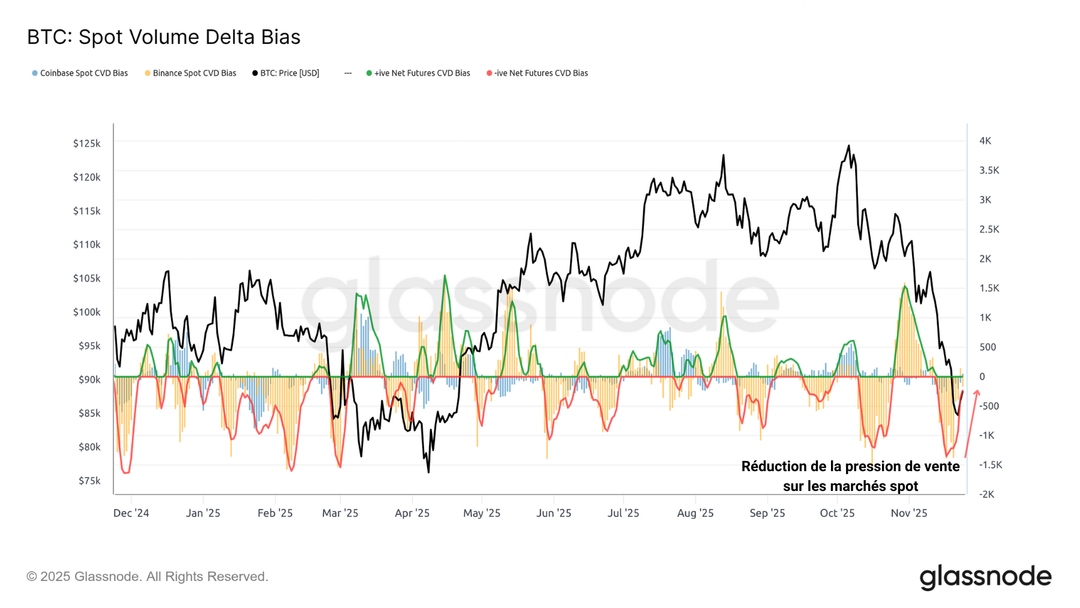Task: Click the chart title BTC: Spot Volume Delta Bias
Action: [x=164, y=37]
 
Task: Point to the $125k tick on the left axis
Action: [x=86, y=143]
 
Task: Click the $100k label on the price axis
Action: [x=86, y=312]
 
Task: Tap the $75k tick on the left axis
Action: [x=89, y=481]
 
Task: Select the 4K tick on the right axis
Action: [x=985, y=141]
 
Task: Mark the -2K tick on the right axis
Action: [x=986, y=495]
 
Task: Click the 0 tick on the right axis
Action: [x=982, y=377]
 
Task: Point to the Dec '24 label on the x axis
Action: [x=131, y=513]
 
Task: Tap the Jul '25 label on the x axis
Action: [x=623, y=513]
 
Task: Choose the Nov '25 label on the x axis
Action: [x=909, y=513]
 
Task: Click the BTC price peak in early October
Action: [x=848, y=146]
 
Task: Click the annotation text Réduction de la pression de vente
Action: [x=850, y=467]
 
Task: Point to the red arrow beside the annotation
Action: [x=971, y=423]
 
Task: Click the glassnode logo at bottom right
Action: [x=985, y=577]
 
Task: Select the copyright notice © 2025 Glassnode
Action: [x=147, y=577]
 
